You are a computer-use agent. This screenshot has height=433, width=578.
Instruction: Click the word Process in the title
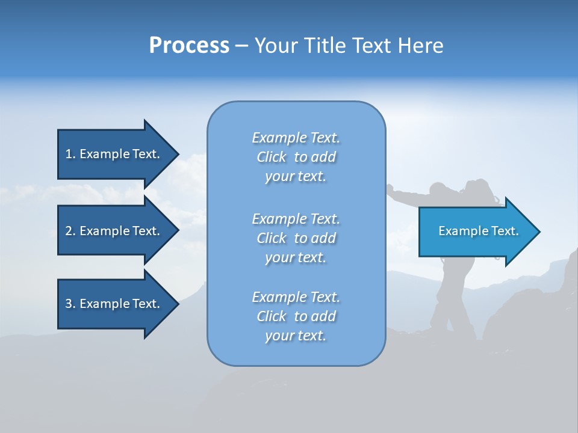pos(189,46)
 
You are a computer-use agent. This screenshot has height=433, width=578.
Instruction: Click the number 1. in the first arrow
pos(70,154)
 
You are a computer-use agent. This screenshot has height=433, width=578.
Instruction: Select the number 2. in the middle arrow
pos(70,231)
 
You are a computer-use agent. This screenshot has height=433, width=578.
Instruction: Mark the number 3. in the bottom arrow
pos(70,304)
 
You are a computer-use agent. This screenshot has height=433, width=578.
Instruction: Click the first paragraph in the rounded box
pos(296,157)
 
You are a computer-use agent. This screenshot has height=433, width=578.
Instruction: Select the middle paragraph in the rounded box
pos(296,238)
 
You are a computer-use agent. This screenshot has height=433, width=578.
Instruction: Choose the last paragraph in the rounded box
pos(296,316)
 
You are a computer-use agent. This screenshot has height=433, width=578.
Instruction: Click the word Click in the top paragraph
pos(271,157)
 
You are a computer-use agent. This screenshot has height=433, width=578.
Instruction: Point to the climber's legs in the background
pos(449,301)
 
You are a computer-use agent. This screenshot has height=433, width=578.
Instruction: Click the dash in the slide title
pos(241,46)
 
